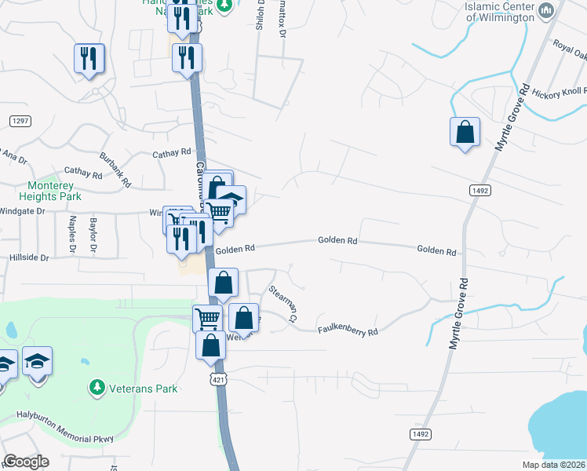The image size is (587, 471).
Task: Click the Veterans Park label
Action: (144, 389)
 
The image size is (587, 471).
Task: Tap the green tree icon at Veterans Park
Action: (97, 388)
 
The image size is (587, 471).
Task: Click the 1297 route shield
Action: (20, 120)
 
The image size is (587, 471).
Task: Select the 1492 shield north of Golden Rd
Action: (481, 190)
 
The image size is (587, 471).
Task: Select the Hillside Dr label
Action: (29, 257)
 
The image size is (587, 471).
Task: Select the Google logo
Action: (26, 462)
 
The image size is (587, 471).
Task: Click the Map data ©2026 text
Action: (552, 465)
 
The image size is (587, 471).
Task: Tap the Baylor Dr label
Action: (93, 235)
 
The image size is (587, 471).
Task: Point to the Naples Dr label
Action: (71, 235)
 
